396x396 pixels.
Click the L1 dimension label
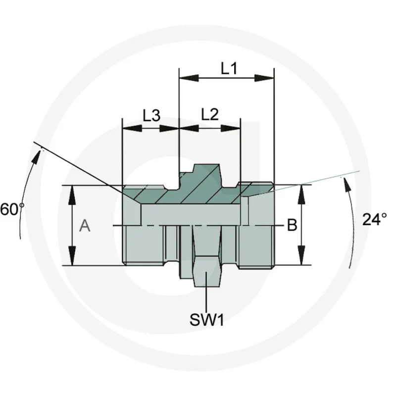click(229, 68)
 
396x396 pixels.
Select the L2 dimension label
click(210, 115)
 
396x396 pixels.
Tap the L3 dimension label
click(151, 116)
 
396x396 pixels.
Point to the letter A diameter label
click(85, 226)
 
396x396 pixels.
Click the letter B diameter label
click(292, 226)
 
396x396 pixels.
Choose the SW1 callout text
click(207, 320)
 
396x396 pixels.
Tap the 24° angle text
click(374, 219)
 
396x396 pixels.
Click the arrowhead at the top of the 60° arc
click(37, 158)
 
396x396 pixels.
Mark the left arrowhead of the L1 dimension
click(188, 78)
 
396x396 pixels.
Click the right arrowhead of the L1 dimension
click(264, 78)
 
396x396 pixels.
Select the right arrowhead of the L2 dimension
click(231, 128)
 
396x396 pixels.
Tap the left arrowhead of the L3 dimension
click(132, 128)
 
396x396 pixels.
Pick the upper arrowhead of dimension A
click(73, 195)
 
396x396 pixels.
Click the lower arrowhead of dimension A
click(73, 256)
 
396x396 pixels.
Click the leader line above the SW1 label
click(206, 297)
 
